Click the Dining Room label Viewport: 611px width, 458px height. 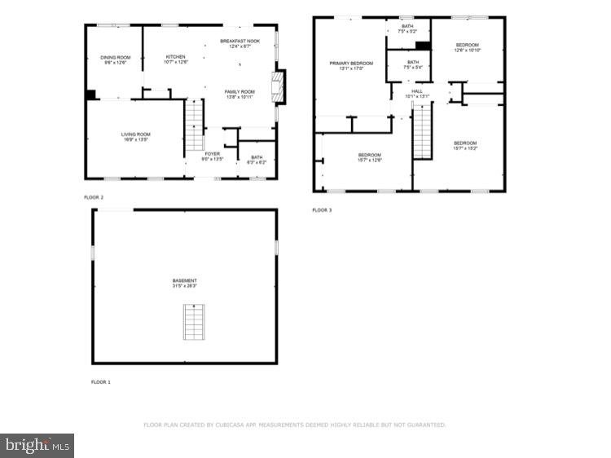tap(115, 59)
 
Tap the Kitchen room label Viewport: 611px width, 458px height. tap(176, 59)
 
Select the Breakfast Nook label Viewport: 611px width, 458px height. tap(240, 43)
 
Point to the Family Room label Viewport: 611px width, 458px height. tap(240, 94)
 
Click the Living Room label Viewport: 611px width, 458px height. tap(134, 137)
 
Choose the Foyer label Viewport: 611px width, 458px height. tap(212, 156)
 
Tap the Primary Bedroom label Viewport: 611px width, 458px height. tap(351, 65)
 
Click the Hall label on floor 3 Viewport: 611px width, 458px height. tap(417, 93)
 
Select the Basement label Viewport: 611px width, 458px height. tap(184, 283)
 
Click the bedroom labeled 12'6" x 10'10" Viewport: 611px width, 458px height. tap(467, 47)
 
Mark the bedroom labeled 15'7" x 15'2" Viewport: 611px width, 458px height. tap(465, 145)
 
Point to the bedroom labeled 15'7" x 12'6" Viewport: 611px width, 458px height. tap(370, 156)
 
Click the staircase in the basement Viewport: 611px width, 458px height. tap(193, 324)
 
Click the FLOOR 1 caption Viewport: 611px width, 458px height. tap(101, 381)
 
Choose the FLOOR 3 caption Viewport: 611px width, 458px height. tap(322, 210)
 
